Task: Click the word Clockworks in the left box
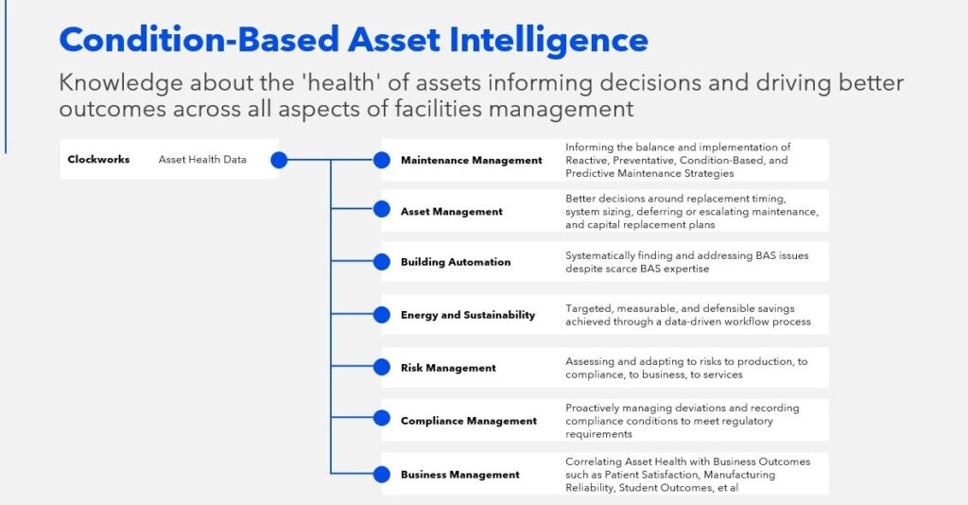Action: coord(98,160)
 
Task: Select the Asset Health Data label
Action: coord(202,160)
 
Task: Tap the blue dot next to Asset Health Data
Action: coord(279,161)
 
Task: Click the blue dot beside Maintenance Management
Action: coord(382,160)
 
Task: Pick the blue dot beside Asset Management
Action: coord(382,211)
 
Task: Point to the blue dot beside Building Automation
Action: coord(382,262)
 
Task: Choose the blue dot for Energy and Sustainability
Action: coord(382,314)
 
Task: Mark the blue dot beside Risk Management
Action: coord(382,367)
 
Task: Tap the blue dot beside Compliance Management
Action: coord(382,418)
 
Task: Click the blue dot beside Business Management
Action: coord(382,474)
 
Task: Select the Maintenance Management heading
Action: coord(471,161)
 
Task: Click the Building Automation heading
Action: coord(455,262)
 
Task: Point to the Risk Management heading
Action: coord(448,368)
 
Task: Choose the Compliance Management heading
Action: coord(468,421)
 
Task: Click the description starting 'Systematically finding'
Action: coord(686,262)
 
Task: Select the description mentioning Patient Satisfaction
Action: coord(687,474)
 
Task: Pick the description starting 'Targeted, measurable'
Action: coord(687,315)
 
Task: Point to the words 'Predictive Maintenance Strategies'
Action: coord(648,173)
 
